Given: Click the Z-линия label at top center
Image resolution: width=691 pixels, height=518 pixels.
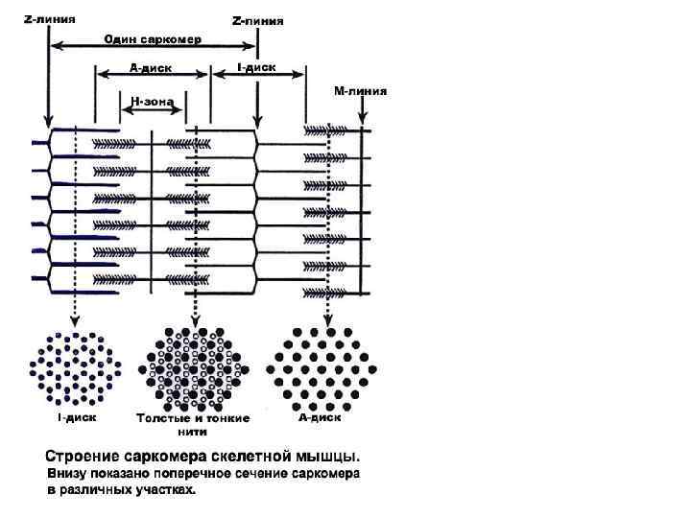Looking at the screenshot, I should pos(259,20).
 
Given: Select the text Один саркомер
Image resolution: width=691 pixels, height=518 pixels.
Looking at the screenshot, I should pos(153,39).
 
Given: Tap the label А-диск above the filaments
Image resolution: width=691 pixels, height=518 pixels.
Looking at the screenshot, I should pos(151,68).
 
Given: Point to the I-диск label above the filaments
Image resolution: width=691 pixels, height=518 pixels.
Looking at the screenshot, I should pos(256,68).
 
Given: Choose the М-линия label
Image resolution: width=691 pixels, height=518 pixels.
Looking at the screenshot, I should pos(361,91).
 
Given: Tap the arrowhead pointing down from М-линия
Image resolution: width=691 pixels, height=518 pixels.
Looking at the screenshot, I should pos(362,123).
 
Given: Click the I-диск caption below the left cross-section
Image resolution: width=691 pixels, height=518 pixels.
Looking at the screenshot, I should pos(75,417).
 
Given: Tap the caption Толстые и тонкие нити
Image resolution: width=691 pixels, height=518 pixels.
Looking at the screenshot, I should pos(193,424).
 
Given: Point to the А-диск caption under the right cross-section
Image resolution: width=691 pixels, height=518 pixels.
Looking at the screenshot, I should pos(321,416).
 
